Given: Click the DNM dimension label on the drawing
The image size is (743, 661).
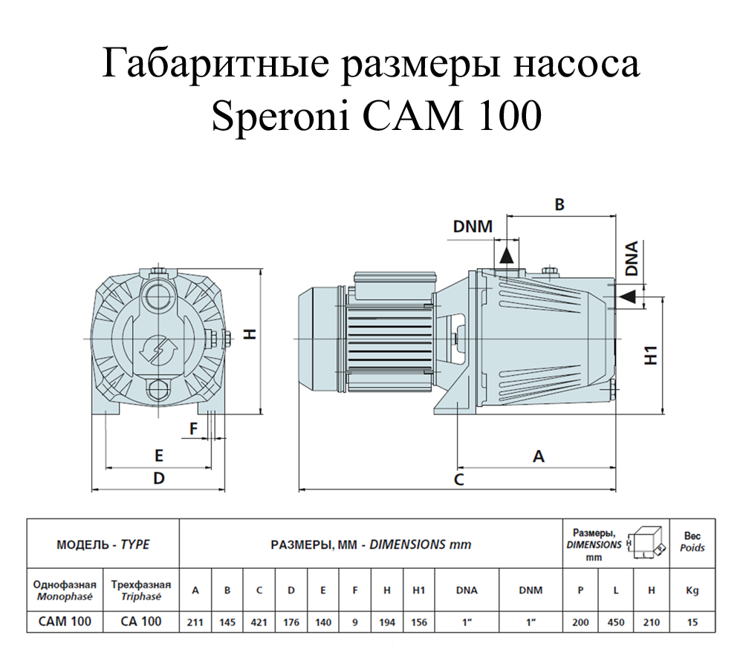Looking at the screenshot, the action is [x=473, y=227].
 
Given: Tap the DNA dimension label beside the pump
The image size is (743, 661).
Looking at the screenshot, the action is [x=632, y=258].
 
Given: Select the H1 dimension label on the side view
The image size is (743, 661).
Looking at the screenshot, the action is [x=652, y=356].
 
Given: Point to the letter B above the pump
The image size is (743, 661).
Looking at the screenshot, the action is [x=559, y=204].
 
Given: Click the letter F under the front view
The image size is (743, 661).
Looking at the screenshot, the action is [x=193, y=429].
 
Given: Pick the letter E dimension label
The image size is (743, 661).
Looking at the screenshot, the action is [x=159, y=455].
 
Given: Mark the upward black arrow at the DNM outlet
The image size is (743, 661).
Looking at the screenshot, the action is [x=507, y=255].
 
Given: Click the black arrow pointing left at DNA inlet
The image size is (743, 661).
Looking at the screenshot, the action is [x=628, y=297].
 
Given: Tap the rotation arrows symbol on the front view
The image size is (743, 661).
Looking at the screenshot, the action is [x=158, y=350].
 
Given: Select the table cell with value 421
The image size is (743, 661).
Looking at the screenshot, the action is [x=259, y=622].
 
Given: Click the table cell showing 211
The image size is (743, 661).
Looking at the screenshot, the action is [x=195, y=622].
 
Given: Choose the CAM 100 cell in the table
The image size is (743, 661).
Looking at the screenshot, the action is [x=65, y=622].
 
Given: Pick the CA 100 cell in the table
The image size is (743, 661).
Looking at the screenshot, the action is [x=141, y=622].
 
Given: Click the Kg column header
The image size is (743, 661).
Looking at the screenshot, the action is [x=692, y=590].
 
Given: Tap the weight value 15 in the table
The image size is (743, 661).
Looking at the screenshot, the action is [x=692, y=622].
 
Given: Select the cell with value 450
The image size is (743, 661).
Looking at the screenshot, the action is [x=616, y=622].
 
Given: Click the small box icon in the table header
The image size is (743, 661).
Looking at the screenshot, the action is [x=646, y=543].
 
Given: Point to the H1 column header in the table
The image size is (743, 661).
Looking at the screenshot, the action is [x=419, y=590].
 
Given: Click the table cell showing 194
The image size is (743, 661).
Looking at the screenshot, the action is [x=387, y=622].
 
